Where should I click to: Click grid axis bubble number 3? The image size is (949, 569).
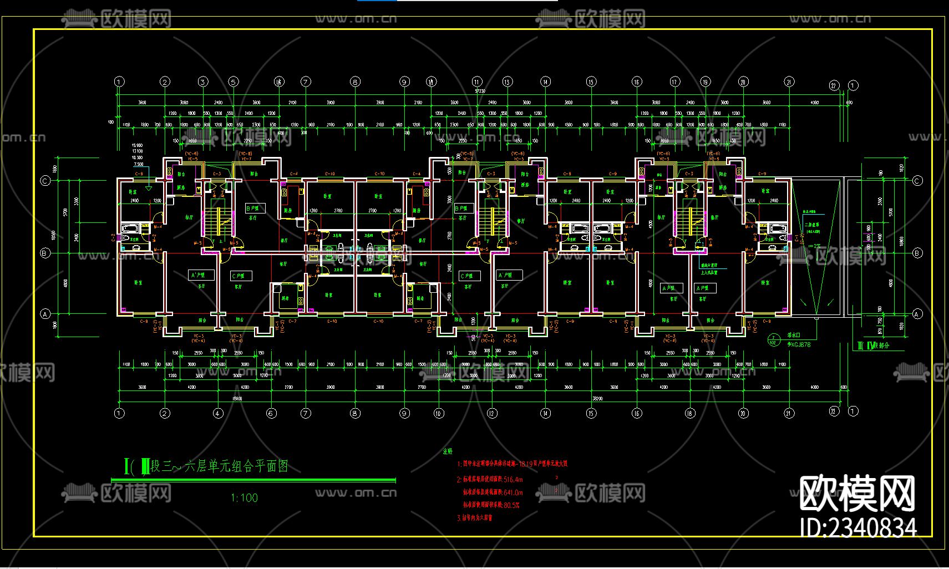tap(203, 82)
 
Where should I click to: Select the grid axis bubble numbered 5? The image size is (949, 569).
tap(234, 82)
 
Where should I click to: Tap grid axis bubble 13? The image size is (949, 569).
tap(507, 82)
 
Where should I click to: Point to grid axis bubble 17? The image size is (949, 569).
tap(674, 82)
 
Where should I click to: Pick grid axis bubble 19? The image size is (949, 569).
tap(705, 82)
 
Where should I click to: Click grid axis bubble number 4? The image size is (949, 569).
tap(218, 413)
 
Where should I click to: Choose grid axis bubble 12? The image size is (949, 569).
tap(491, 413)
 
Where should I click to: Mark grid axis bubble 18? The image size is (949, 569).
tap(690, 413)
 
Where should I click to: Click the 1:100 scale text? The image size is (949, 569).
tap(244, 498)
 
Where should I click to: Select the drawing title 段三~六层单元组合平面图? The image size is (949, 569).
tap(219, 466)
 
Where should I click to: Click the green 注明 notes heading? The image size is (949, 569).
tap(448, 451)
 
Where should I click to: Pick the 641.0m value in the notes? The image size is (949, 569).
tap(510, 492)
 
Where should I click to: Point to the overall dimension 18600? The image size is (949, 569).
tap(237, 398)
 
